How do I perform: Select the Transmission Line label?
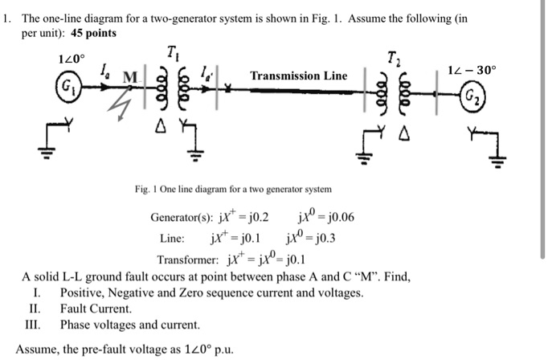[299, 76]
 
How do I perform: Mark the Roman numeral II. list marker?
[35, 309]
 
